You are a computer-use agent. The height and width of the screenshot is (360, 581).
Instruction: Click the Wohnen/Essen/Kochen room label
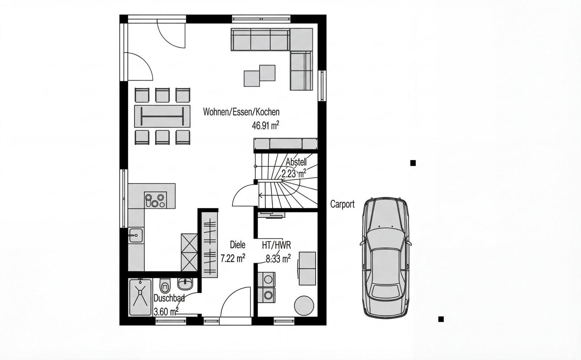coord(241,112)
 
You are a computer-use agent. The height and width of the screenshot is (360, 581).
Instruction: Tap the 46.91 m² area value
coord(265,126)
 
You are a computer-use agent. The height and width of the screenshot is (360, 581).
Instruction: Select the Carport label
coord(342,204)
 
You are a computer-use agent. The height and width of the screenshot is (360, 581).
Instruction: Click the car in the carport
coord(386,258)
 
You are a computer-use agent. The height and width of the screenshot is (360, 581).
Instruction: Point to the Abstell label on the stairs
coord(296,162)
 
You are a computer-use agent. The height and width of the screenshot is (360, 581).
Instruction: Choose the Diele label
coord(237,245)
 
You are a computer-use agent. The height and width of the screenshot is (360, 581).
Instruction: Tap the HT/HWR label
coord(276,245)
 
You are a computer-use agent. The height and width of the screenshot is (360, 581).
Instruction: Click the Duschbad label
coord(169,298)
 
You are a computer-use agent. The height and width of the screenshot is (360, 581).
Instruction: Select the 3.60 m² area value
coord(166,311)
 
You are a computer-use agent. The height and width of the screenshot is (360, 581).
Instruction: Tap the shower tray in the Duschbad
coord(140,297)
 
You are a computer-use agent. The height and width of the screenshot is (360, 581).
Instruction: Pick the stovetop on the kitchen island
coord(155,200)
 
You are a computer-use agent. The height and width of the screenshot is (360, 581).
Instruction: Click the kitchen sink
coord(136,235)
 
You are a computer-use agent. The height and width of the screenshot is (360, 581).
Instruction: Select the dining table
coord(162,116)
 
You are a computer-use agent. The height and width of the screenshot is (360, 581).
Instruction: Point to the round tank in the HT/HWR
coord(304,306)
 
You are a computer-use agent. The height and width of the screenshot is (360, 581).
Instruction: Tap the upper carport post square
coord(413,163)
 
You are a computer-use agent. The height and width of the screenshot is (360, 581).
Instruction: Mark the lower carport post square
coord(441,319)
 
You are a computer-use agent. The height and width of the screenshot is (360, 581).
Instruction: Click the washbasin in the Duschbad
coord(185,284)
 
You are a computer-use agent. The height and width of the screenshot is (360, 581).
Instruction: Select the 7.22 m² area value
coord(233,258)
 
